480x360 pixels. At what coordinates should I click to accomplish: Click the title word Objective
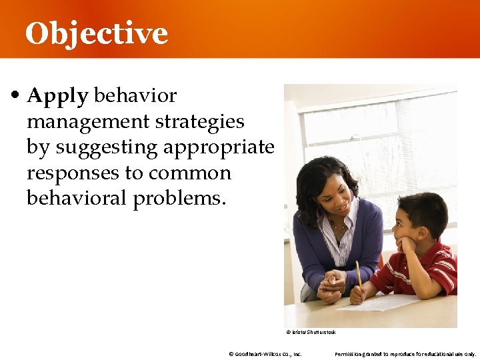click(97, 33)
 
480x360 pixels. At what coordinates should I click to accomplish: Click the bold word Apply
click(57, 97)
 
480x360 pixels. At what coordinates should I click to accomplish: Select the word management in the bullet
click(88, 122)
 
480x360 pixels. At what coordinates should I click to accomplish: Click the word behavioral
click(77, 199)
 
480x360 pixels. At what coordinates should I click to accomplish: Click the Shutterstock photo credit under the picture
click(311, 332)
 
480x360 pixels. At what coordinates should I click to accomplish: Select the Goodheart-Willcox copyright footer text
click(265, 354)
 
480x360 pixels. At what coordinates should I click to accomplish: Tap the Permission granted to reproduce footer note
click(405, 354)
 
